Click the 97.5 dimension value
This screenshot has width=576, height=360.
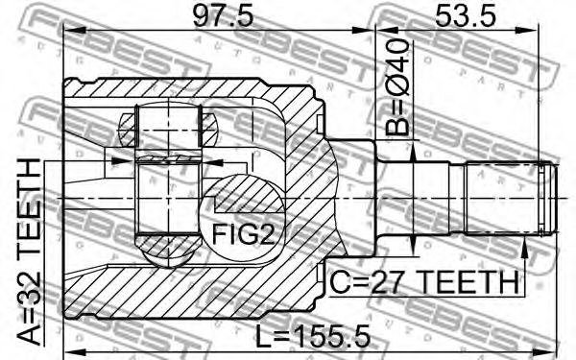[x=223, y=16]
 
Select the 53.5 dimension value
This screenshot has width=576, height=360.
[x=466, y=16]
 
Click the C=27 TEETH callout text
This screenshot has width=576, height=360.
[x=424, y=282]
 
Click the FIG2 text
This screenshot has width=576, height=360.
[x=243, y=234]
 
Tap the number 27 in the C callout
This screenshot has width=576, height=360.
[x=385, y=282]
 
